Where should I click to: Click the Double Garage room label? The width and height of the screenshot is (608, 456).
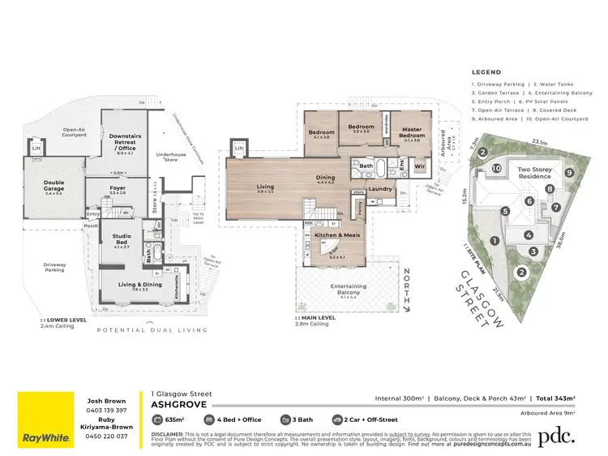tap(54, 185)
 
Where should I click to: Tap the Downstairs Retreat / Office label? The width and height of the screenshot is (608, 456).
tap(118, 144)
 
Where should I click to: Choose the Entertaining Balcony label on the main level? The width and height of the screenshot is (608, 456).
tap(348, 289)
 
